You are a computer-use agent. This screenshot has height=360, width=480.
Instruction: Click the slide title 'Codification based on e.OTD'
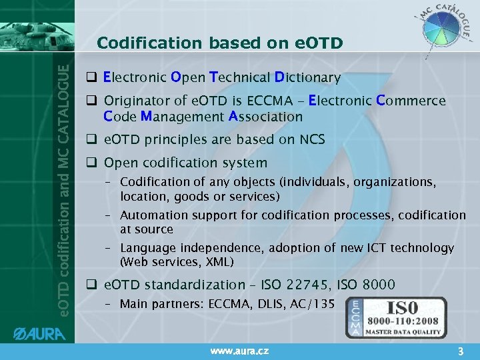[219, 43]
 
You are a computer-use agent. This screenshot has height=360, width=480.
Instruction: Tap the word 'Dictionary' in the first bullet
[307, 78]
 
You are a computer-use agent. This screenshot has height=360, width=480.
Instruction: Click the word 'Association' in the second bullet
[266, 117]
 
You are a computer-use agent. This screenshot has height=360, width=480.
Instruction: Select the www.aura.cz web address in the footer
[239, 350]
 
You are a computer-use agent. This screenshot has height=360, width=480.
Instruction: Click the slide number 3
[459, 349]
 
